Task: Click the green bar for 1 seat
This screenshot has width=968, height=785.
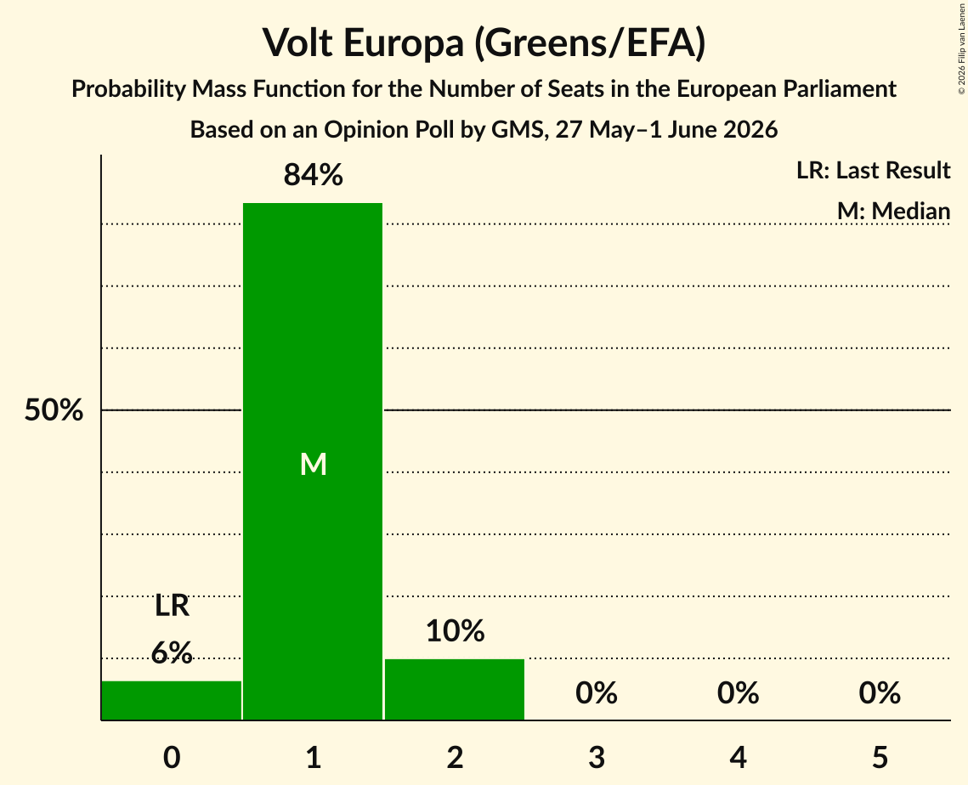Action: coord(313,461)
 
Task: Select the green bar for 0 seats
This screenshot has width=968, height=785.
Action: coord(172,700)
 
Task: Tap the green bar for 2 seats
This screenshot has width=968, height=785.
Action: coord(455,689)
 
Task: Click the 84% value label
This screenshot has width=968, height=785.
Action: coord(313,175)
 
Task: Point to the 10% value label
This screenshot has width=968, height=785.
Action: coord(455,630)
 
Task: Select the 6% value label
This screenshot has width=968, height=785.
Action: coord(172,652)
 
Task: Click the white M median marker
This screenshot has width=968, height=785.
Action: coord(313,464)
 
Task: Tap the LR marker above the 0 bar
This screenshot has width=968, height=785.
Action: coord(172,606)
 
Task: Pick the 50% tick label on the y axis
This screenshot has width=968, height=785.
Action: coord(54,409)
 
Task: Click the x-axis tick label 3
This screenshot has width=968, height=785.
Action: coord(597,757)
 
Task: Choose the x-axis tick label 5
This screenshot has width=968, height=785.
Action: coord(880,757)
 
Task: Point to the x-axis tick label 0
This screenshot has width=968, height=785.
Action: coord(172,757)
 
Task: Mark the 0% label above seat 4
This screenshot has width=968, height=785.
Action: coord(739,693)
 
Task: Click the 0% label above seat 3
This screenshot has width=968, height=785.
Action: coord(597,693)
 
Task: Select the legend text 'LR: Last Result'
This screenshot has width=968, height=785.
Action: coord(873,170)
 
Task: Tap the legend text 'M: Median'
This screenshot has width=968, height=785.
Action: coord(893,211)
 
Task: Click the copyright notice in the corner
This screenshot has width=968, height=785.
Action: coord(961,48)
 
